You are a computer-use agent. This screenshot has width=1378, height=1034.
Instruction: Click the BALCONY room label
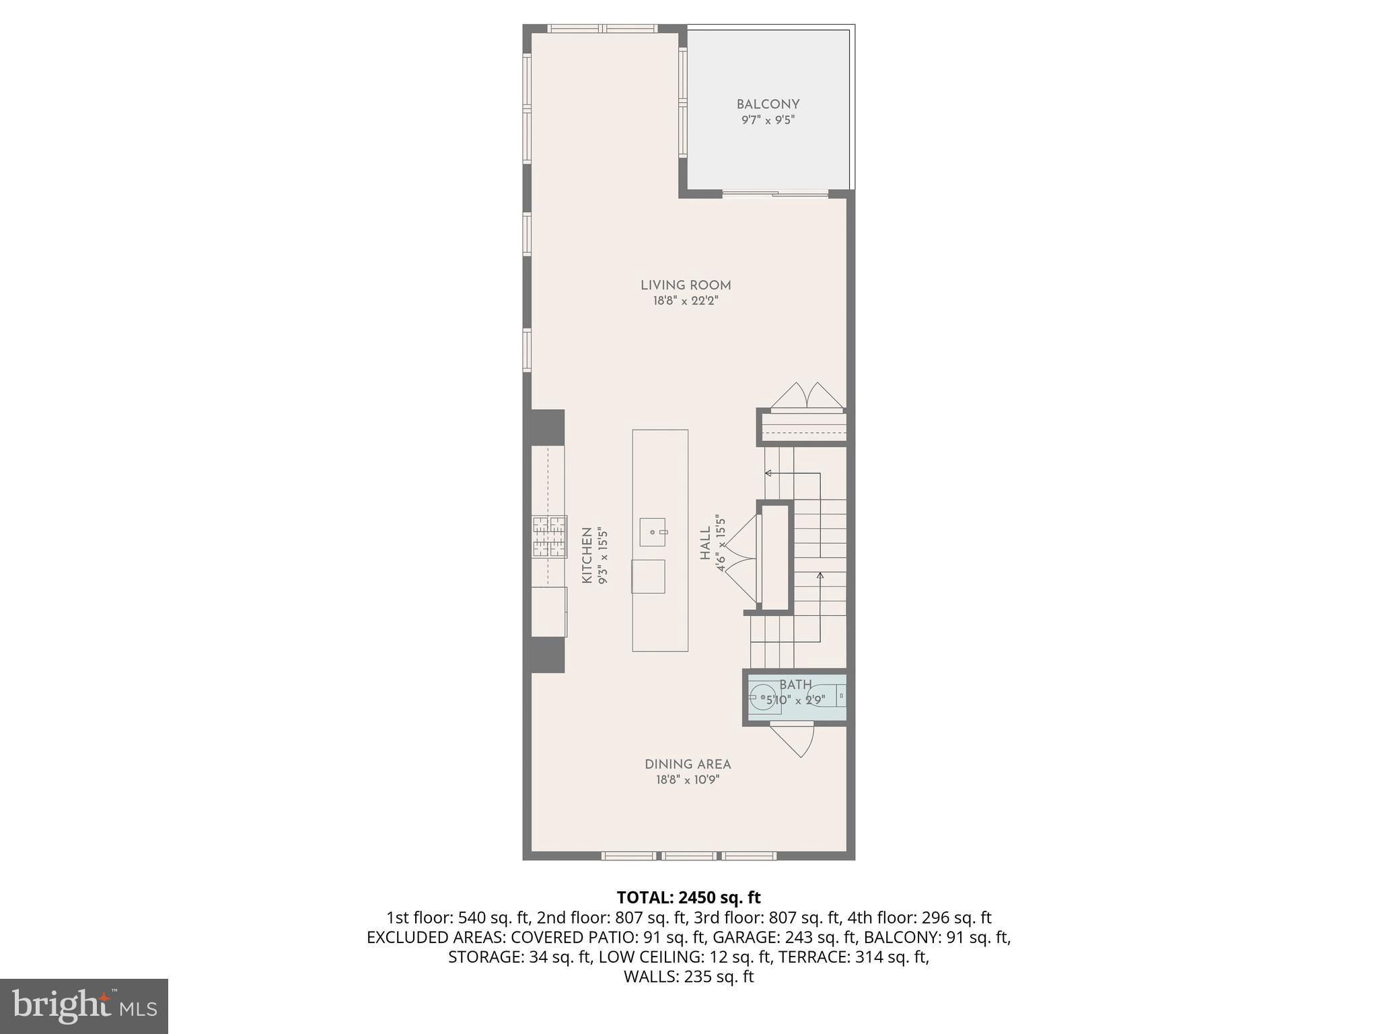pyautogui.click(x=768, y=104)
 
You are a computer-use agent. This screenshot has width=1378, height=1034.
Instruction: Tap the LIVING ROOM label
pyautogui.click(x=686, y=285)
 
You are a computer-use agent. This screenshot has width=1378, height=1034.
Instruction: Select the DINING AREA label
pyautogui.click(x=688, y=765)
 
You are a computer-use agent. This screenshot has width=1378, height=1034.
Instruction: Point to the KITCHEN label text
pyautogui.click(x=587, y=555)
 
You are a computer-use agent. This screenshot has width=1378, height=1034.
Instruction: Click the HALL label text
pyautogui.click(x=705, y=543)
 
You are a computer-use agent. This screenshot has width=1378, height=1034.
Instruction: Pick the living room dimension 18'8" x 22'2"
pyautogui.click(x=686, y=301)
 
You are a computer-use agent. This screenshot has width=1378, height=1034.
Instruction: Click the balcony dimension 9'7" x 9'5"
pyautogui.click(x=768, y=120)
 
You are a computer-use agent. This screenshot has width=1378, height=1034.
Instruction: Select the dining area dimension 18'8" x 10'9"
pyautogui.click(x=688, y=780)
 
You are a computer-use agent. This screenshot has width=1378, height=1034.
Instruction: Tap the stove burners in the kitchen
pyautogui.click(x=549, y=537)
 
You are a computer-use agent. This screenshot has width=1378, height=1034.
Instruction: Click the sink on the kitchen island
pyautogui.click(x=652, y=532)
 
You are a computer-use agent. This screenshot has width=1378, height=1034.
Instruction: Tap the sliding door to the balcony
pyautogui.click(x=775, y=195)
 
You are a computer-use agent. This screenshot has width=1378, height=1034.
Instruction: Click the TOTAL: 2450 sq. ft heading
pyautogui.click(x=688, y=897)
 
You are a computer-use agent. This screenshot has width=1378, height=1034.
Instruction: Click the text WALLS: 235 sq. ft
pyautogui.click(x=688, y=977)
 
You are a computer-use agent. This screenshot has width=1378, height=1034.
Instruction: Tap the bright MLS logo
pyautogui.click(x=84, y=1006)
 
